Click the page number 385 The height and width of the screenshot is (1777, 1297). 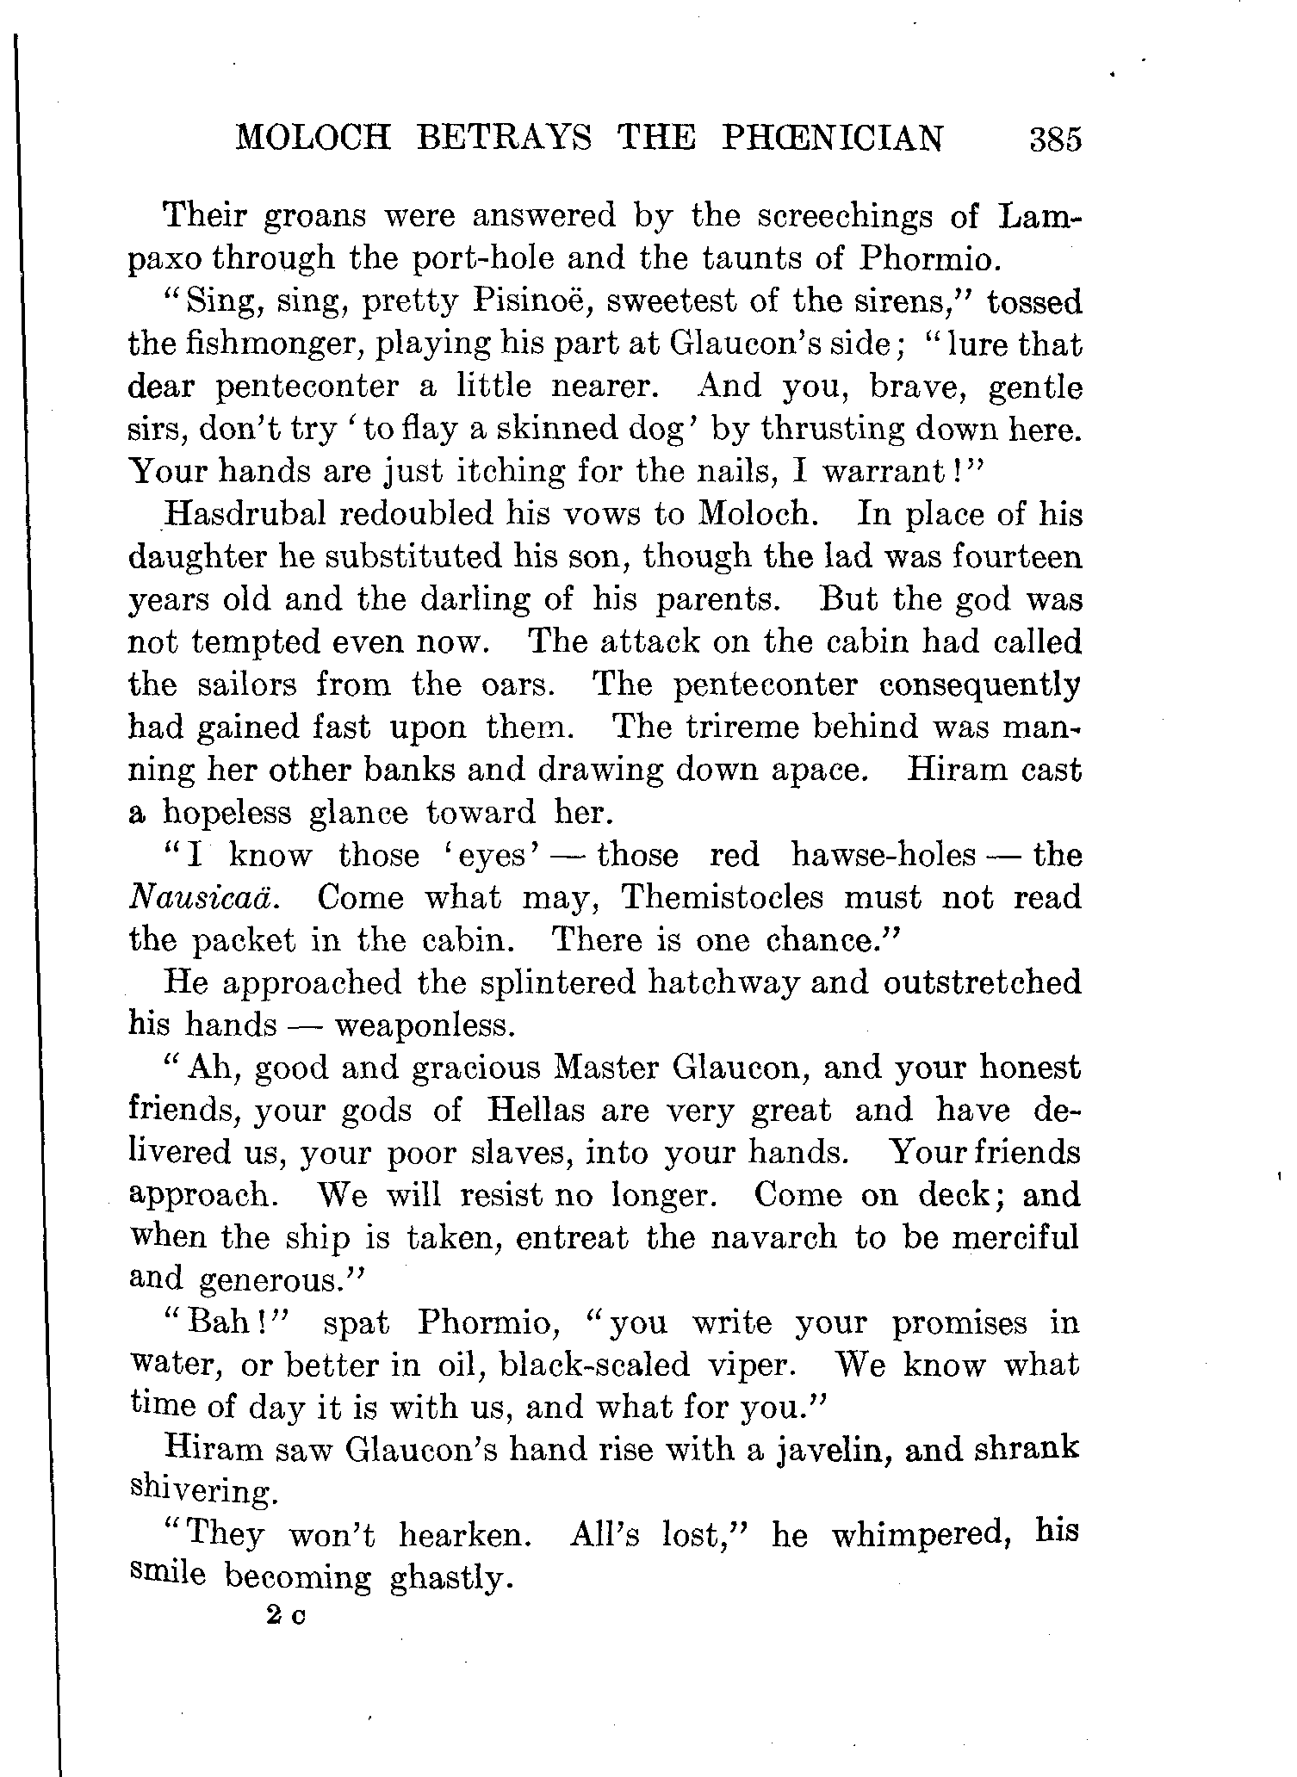(1054, 139)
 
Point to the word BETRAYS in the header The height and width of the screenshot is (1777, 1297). (504, 138)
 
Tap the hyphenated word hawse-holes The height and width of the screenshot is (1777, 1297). (883, 855)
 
